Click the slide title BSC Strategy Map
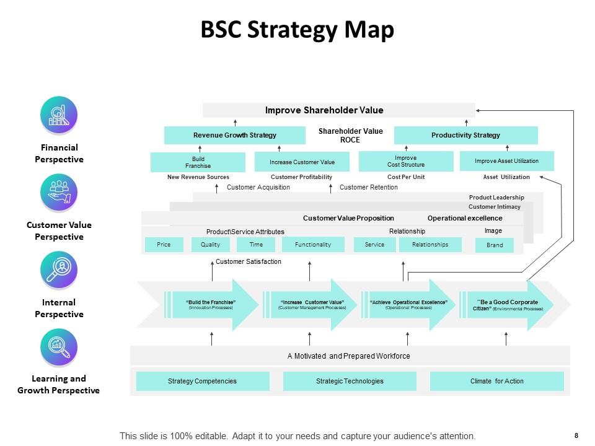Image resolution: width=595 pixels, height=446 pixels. (x=297, y=30)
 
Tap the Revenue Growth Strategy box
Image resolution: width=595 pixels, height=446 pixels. (x=235, y=135)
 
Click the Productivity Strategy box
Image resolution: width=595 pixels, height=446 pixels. (x=465, y=135)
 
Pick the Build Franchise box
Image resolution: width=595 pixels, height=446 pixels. (x=198, y=162)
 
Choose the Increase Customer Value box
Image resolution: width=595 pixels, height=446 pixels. (x=302, y=162)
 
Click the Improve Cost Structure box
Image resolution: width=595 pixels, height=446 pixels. (x=406, y=162)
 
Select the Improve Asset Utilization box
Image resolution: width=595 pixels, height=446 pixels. (x=506, y=161)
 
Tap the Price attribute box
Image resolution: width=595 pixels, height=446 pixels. (x=164, y=245)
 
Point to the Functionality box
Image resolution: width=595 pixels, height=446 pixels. (x=313, y=245)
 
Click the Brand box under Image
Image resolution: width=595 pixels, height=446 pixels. (x=495, y=245)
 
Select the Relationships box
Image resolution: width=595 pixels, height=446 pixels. (x=430, y=245)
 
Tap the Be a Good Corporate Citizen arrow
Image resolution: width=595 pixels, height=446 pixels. (x=507, y=305)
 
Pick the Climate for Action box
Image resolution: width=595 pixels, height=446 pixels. (x=496, y=381)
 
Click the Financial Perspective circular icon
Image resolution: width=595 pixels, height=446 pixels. (x=59, y=115)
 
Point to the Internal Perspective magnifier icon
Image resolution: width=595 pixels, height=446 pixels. (x=59, y=270)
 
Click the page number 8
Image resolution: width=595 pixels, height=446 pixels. (x=576, y=435)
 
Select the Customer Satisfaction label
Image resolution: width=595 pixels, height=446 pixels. (x=248, y=262)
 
